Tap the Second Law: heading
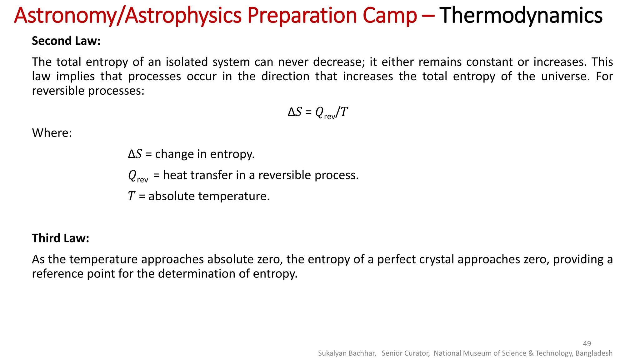(66, 41)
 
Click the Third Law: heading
(60, 238)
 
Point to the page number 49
(587, 343)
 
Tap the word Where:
(52, 133)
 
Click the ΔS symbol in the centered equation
(295, 112)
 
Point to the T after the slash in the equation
(344, 112)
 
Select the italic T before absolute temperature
(131, 196)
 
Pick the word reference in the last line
(58, 274)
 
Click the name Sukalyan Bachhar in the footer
(347, 353)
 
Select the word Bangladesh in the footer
(594, 353)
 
